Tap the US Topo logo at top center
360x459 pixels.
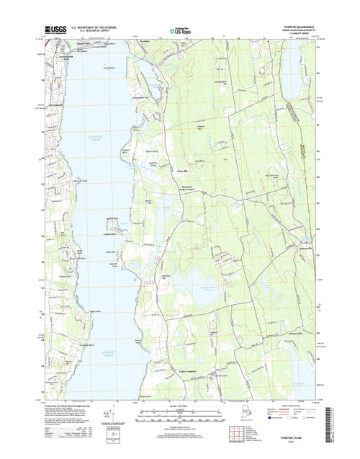pos(180,31)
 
